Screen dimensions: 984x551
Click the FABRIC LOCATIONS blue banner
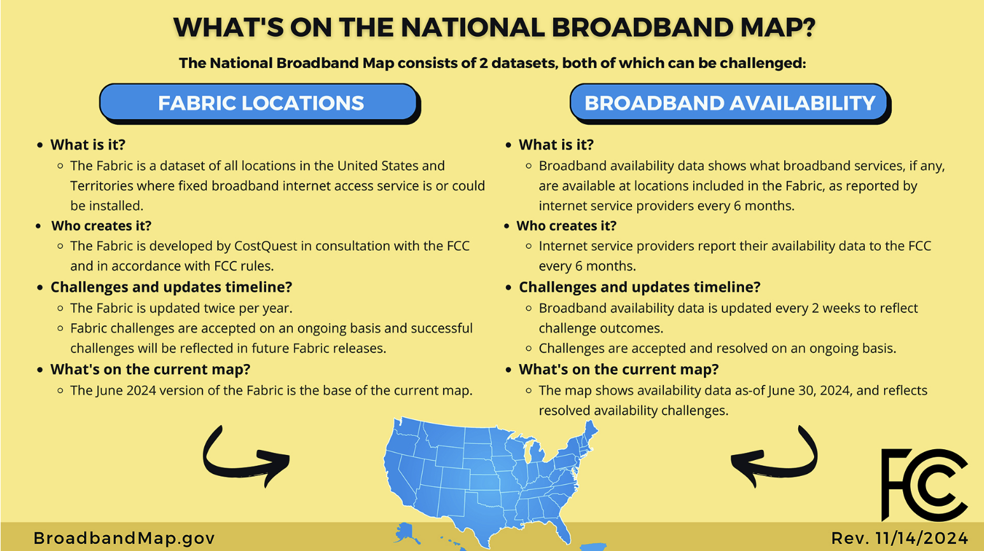tap(259, 102)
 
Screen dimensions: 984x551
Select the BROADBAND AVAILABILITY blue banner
tap(730, 102)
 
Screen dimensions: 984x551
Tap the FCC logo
tap(924, 485)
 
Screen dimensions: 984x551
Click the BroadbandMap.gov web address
tap(124, 538)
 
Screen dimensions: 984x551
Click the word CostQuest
tap(265, 246)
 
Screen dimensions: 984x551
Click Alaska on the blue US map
tap(405, 533)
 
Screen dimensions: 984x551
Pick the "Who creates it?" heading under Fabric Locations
tap(101, 226)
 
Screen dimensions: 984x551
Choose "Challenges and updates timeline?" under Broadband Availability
tap(640, 287)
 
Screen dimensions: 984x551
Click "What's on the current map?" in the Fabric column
tap(150, 370)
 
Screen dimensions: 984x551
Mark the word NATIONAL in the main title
tap(473, 27)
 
